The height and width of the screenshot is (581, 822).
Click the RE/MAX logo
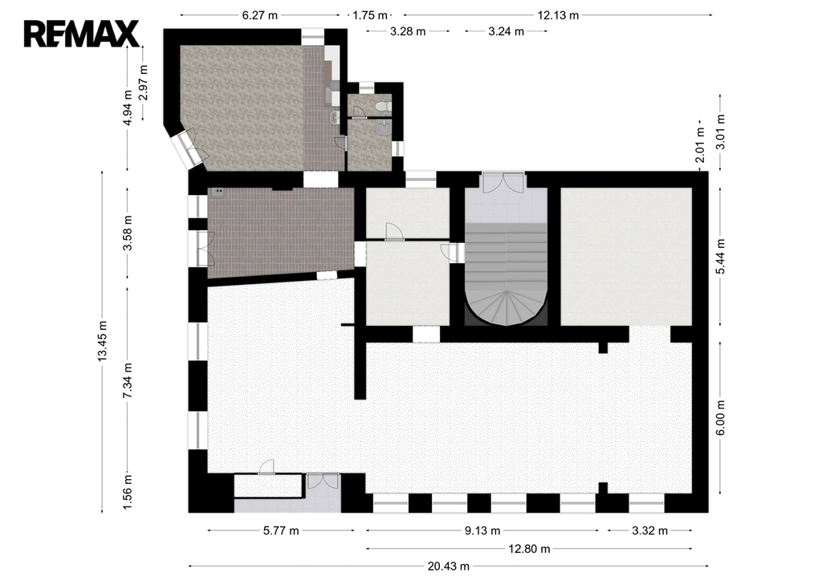pos(81,34)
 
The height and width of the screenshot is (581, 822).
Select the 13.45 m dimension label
pos(102,341)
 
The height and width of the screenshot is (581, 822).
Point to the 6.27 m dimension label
pos(259,15)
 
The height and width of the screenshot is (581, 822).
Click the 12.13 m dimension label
pos(558,15)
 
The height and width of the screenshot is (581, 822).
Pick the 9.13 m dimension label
pos(482,530)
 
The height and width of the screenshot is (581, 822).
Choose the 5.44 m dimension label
pos(720,256)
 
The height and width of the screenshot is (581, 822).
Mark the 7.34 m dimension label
pos(128,380)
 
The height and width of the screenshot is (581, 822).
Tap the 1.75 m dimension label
pos(370,15)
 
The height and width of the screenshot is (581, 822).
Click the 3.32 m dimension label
pos(649,530)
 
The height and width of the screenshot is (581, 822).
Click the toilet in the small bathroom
pos(384,107)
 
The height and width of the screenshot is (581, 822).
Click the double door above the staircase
pos(503,182)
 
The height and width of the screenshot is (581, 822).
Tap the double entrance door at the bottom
pos(323,481)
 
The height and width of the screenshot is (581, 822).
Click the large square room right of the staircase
pos(626,257)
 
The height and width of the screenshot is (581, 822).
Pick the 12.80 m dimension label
pos(529,549)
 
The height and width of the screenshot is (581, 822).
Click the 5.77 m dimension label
pos(280,530)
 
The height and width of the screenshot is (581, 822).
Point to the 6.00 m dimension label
pos(720,417)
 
